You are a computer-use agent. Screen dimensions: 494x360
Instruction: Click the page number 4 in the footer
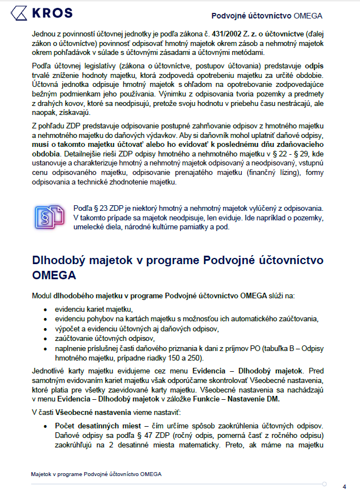344,486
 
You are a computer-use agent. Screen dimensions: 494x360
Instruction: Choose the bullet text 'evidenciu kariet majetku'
93,310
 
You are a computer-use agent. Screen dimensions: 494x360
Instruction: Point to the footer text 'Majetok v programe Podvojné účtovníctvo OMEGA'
96,474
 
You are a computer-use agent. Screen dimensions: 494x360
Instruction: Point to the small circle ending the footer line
325,483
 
